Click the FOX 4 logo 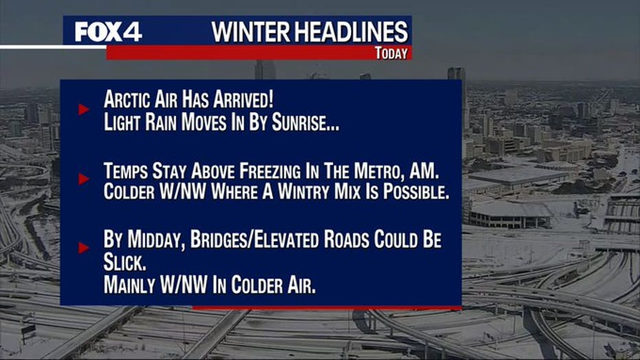[108, 32]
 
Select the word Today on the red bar [391, 53]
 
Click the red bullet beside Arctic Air [84, 109]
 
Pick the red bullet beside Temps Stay [84, 179]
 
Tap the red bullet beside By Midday [84, 248]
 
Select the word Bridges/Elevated [254, 240]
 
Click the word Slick [125, 262]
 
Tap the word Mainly [129, 285]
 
